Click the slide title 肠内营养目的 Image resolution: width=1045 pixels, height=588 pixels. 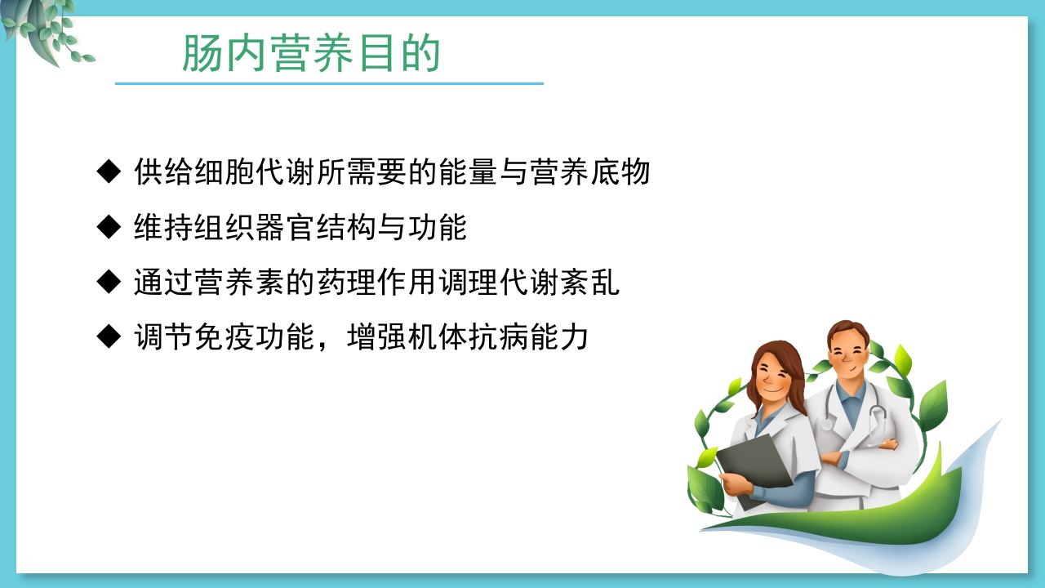point(311,54)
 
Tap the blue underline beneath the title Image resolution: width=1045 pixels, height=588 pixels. point(329,83)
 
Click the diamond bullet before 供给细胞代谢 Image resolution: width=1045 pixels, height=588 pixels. point(109,172)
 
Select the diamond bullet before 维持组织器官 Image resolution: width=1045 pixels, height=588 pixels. point(109,227)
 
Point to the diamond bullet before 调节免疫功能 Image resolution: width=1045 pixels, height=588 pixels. point(109,336)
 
